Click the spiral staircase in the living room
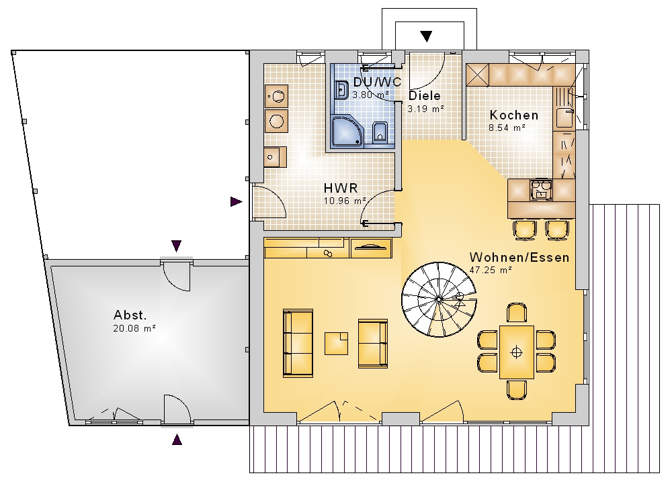click(x=439, y=299)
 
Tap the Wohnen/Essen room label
click(x=519, y=257)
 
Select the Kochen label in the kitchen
click(x=514, y=115)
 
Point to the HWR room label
click(x=341, y=188)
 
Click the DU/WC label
click(x=377, y=82)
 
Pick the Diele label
click(x=424, y=95)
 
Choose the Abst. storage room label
click(x=130, y=315)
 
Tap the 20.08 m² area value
click(x=134, y=329)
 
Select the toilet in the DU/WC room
click(x=380, y=132)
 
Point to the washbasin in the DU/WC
click(x=341, y=90)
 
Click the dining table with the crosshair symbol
click(x=517, y=352)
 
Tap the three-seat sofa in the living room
click(x=298, y=343)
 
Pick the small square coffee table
click(x=336, y=343)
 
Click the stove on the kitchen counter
click(x=541, y=189)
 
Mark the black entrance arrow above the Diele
click(x=426, y=36)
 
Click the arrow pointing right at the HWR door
click(x=236, y=201)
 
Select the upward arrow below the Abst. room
click(x=177, y=440)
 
